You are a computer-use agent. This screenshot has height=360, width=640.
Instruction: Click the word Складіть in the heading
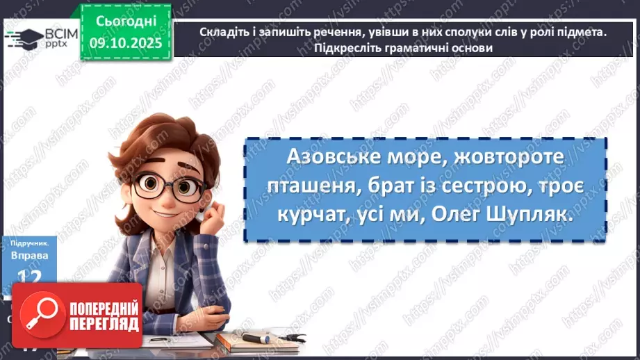[224, 32]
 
